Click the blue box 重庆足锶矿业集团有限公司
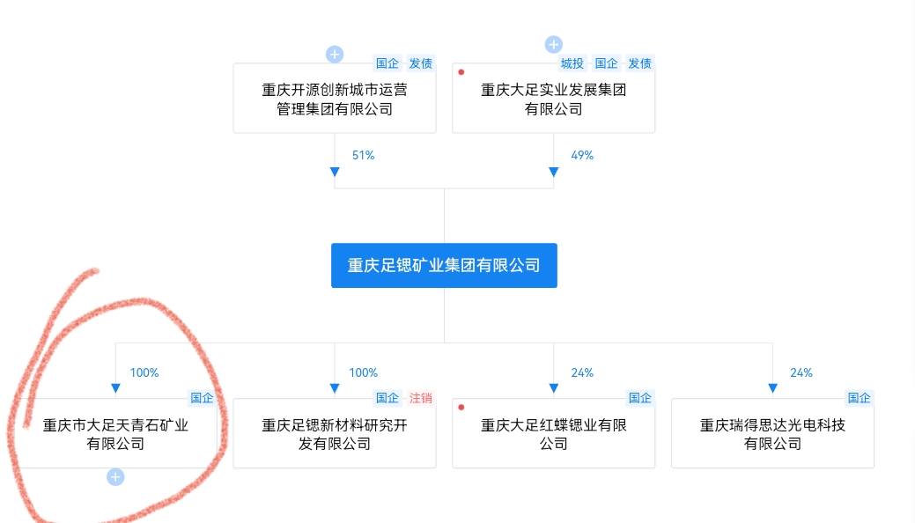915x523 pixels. (x=444, y=265)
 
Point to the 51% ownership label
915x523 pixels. (x=363, y=155)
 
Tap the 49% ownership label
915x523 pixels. (x=582, y=155)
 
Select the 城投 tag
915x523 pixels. (x=572, y=63)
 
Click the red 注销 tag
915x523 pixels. (x=421, y=398)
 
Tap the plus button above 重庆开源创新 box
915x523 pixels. (x=335, y=55)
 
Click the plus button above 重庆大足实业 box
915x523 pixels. (x=553, y=45)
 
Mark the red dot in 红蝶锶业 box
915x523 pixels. (x=461, y=407)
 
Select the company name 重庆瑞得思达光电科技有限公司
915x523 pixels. (x=772, y=434)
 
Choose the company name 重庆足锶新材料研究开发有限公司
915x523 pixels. (x=335, y=434)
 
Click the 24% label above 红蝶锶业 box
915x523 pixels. (x=582, y=372)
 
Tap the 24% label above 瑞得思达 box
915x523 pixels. (x=801, y=372)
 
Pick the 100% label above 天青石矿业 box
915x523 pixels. (x=144, y=372)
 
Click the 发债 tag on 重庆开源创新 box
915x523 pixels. (x=421, y=63)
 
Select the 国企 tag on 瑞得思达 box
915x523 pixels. (x=860, y=398)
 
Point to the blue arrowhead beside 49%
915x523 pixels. (x=553, y=172)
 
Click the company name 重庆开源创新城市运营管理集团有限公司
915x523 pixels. (x=335, y=99)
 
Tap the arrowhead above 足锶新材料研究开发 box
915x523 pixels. (x=335, y=388)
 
